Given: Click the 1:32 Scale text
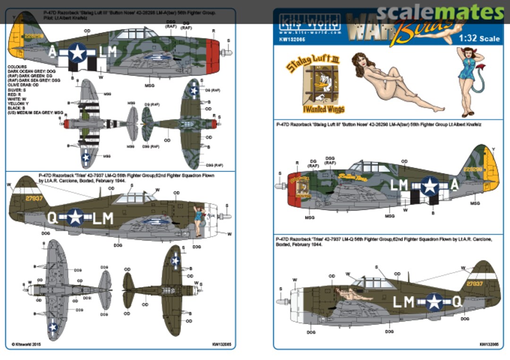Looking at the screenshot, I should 480,38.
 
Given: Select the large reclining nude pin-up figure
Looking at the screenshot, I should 391,83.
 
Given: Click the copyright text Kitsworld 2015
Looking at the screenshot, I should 26,344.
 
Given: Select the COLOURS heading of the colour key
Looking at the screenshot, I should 17,67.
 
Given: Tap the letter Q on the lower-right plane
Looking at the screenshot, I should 457,301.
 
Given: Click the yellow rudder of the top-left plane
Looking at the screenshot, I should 17,40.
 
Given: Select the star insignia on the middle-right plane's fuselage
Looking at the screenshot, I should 429,186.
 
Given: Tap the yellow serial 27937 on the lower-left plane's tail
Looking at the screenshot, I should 34,198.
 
